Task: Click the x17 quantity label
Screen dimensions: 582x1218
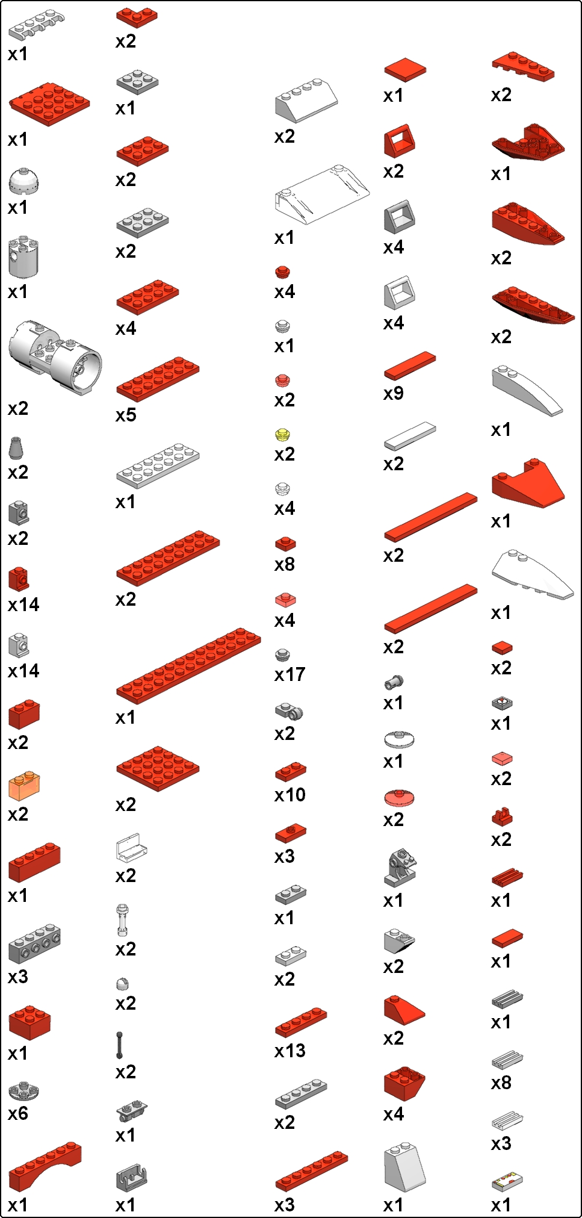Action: click(x=289, y=675)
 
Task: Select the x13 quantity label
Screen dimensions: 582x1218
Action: click(x=289, y=1051)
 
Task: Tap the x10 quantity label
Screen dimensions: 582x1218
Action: click(x=289, y=795)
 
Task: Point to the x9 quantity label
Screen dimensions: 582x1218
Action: click(x=394, y=394)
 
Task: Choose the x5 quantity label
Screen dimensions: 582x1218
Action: click(x=126, y=415)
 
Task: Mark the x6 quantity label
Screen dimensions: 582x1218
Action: click(x=18, y=1113)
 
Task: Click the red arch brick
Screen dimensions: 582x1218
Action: click(x=45, y=1166)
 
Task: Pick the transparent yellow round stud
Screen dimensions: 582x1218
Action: click(x=283, y=435)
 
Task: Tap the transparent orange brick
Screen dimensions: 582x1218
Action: click(x=24, y=786)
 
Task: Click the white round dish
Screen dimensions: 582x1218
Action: click(x=399, y=739)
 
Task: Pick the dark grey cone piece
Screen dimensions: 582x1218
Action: click(x=17, y=448)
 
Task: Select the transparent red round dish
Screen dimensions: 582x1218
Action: click(x=399, y=797)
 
